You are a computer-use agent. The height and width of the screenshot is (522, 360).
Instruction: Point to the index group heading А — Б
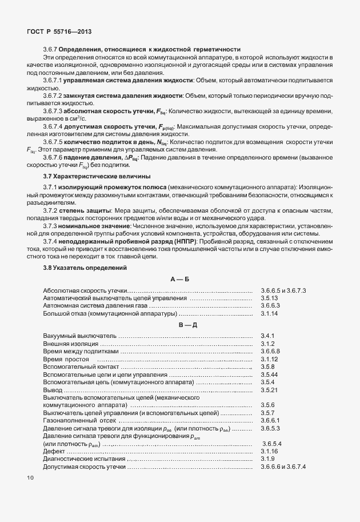180,278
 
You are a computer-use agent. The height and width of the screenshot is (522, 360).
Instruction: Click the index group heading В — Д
180,324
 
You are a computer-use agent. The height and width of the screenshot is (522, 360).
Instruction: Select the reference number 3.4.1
269,335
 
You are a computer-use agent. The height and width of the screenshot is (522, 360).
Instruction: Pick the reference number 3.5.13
270,298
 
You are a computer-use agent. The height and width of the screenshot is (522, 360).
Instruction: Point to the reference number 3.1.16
270,451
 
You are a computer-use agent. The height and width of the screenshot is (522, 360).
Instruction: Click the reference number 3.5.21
270,389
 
